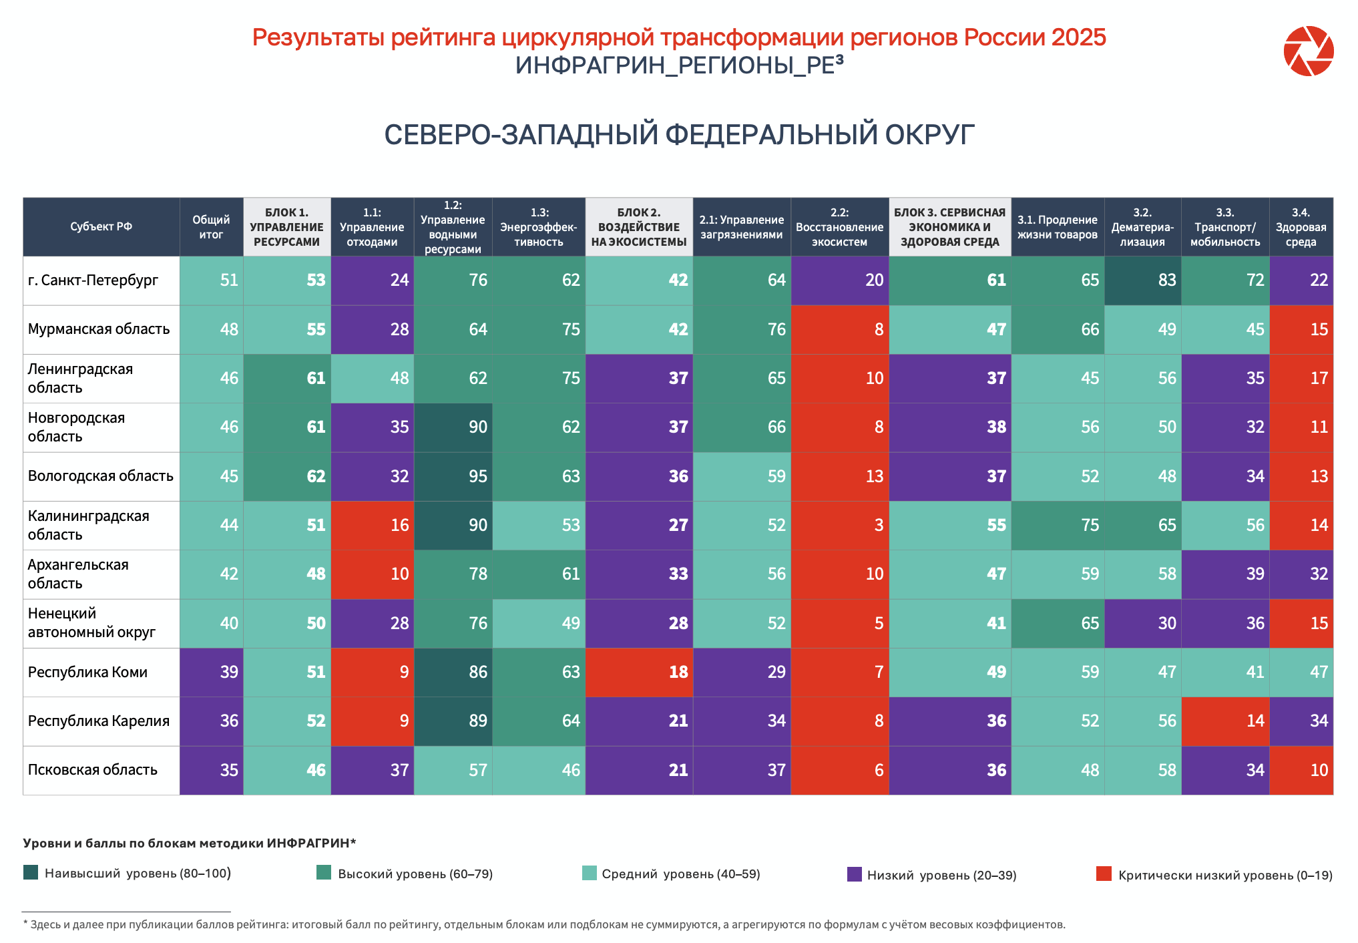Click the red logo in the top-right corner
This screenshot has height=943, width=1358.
pyautogui.click(x=1308, y=51)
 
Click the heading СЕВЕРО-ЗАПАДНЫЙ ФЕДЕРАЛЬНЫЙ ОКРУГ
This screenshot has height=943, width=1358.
pyautogui.click(x=679, y=135)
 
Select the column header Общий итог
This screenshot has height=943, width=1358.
pyautogui.click(x=211, y=227)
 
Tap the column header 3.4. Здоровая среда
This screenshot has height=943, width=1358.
pyautogui.click(x=1301, y=227)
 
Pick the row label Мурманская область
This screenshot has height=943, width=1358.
pyautogui.click(x=99, y=329)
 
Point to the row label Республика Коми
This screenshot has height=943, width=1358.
pyautogui.click(x=87, y=673)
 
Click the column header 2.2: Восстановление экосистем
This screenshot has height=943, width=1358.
pyautogui.click(x=839, y=227)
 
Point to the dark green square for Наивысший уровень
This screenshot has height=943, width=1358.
pyautogui.click(x=31, y=872)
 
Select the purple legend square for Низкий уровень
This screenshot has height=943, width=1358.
pyautogui.click(x=854, y=874)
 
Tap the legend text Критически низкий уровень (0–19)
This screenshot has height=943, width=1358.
pyautogui.click(x=1225, y=875)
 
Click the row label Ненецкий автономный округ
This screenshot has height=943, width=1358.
pyautogui.click(x=91, y=623)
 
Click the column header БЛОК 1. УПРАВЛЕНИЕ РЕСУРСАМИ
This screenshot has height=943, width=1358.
pyautogui.click(x=286, y=227)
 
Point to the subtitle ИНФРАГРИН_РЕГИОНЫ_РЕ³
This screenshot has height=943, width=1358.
pyautogui.click(x=679, y=65)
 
